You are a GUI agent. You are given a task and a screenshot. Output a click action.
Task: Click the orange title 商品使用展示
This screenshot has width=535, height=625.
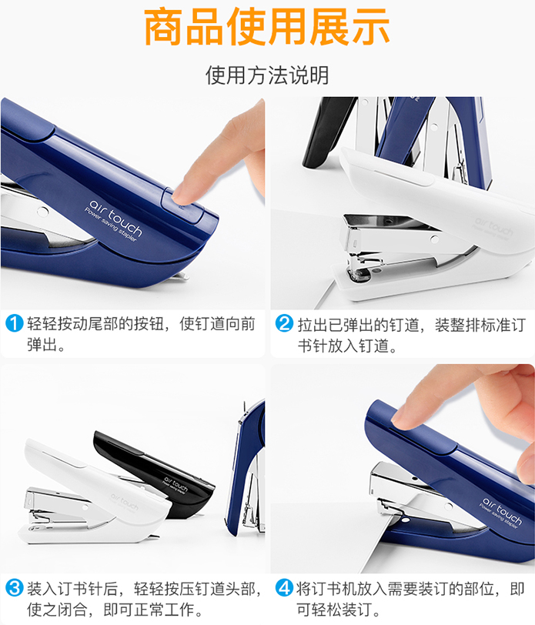266,27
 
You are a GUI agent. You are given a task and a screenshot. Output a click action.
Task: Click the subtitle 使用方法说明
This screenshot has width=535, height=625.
267,75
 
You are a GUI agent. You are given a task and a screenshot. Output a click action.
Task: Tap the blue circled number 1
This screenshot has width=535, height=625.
15,323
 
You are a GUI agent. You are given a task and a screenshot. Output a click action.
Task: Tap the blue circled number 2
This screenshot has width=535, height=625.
285,323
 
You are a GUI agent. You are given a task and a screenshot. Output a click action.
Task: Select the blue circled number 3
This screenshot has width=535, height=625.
15,588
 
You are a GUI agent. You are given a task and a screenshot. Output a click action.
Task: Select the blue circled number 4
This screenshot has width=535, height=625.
285,588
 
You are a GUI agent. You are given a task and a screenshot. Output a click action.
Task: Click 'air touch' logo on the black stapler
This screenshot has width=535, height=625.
176,483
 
